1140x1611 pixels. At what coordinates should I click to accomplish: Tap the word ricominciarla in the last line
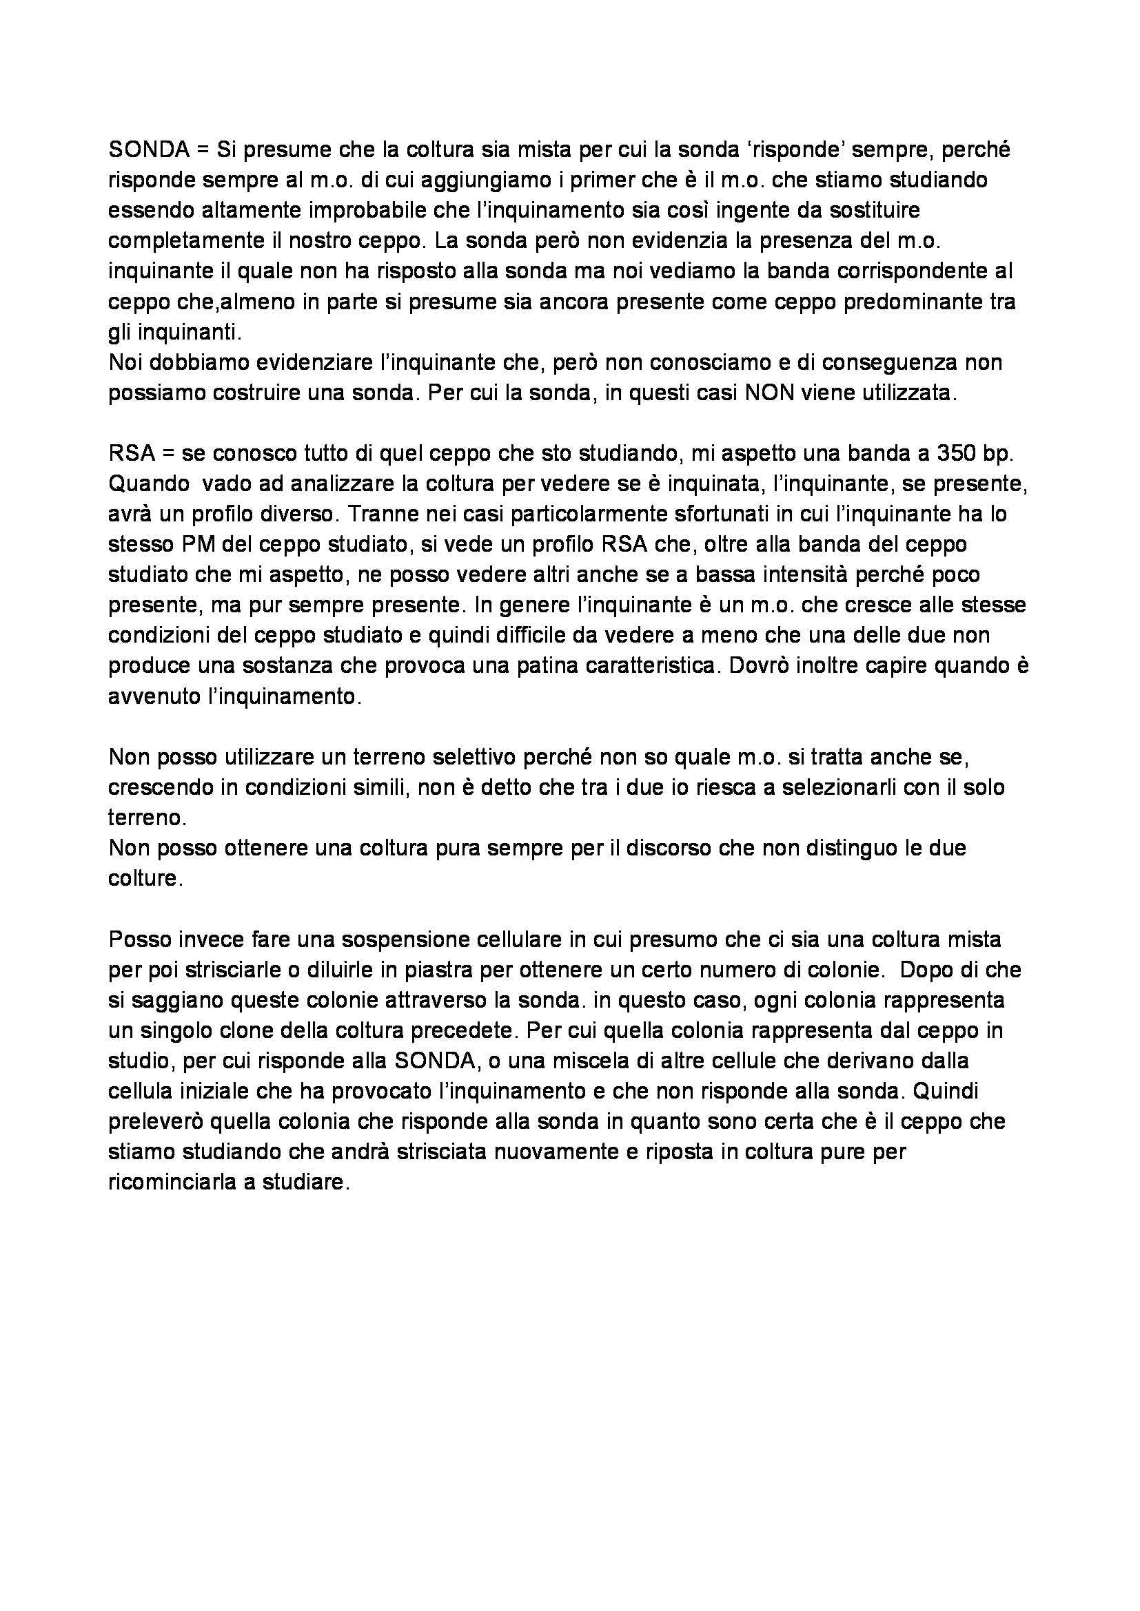click(177, 1183)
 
